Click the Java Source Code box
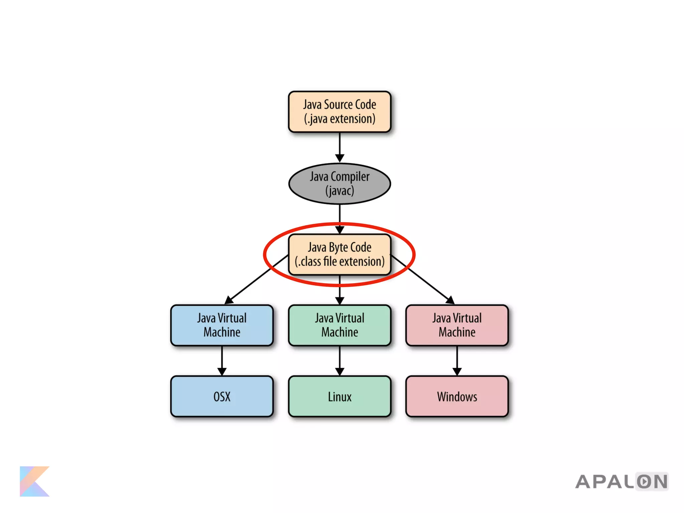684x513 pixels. coord(339,112)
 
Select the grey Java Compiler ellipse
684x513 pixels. coord(339,183)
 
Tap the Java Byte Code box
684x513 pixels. coord(339,254)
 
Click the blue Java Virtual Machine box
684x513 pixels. coord(222,325)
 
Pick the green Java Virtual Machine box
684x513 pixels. coord(339,325)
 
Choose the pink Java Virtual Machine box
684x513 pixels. coord(457,325)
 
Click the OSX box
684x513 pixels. coord(222,396)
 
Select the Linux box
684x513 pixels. coord(339,396)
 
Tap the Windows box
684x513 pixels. coord(457,396)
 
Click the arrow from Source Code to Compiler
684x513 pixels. coord(340,147)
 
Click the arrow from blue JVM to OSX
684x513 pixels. coord(222,361)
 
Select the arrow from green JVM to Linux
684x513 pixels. coord(340,361)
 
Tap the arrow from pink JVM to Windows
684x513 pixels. coord(457,361)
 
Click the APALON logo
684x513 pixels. coord(622,482)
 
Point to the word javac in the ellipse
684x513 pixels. coord(340,191)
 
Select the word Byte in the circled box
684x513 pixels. coord(338,247)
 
